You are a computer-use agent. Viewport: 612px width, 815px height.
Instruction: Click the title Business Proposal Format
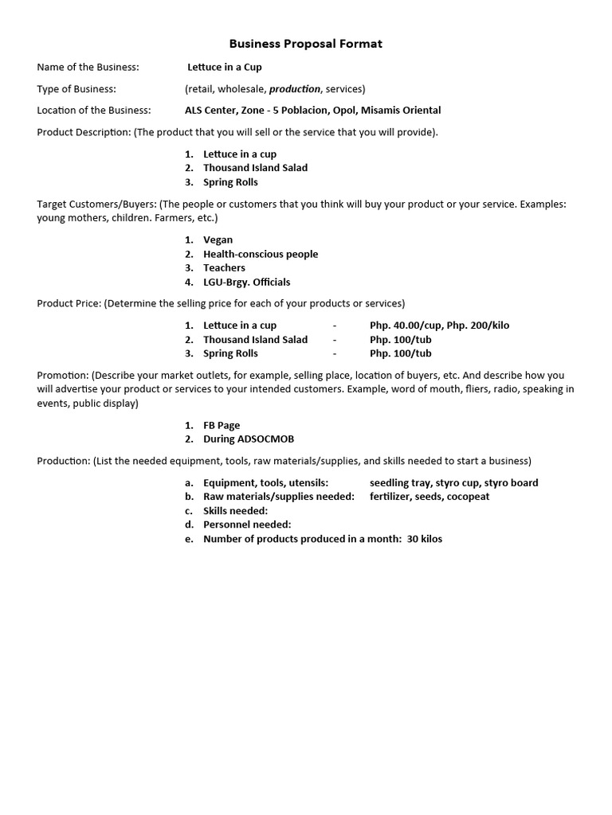[x=306, y=44]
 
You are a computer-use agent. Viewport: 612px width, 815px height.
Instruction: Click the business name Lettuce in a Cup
[x=225, y=67]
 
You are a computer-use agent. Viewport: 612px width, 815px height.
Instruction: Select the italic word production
[x=295, y=89]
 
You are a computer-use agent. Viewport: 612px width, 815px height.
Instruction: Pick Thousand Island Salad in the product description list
[x=255, y=168]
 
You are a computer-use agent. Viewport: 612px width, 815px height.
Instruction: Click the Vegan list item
[x=218, y=240]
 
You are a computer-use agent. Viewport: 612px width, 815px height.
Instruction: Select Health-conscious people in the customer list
[x=261, y=254]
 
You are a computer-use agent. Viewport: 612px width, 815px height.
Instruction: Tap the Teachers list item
[x=224, y=268]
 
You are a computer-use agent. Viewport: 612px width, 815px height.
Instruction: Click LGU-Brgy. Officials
[x=247, y=283]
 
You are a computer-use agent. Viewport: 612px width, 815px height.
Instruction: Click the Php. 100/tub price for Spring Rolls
[x=401, y=353]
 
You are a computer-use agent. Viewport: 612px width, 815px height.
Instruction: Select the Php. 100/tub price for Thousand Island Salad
[x=401, y=340]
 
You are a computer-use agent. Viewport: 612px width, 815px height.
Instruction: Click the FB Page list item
[x=222, y=426]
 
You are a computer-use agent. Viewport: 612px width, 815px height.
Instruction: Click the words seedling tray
[x=399, y=483]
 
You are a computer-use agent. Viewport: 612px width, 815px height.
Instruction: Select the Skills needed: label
[x=236, y=511]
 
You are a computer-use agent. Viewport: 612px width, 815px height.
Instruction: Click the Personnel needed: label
[x=247, y=524]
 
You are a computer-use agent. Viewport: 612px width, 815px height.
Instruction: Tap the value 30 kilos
[x=424, y=539]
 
